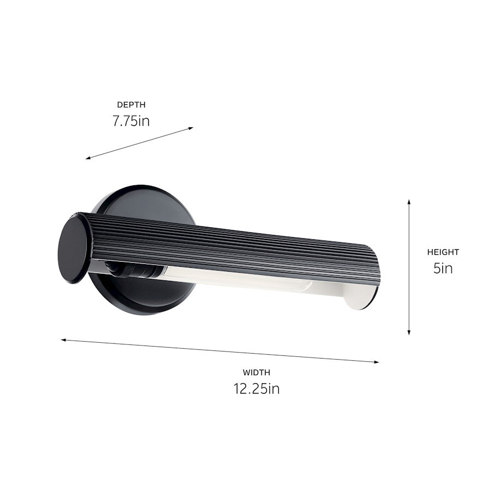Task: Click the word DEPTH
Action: [x=131, y=104]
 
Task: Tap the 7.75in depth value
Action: [x=131, y=120]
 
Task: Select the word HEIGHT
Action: [x=443, y=252]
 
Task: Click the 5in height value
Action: [x=443, y=268]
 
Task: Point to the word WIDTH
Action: [x=256, y=373]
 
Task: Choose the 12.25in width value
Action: [x=256, y=389]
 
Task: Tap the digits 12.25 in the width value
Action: [x=249, y=389]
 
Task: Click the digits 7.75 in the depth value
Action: [x=125, y=120]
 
